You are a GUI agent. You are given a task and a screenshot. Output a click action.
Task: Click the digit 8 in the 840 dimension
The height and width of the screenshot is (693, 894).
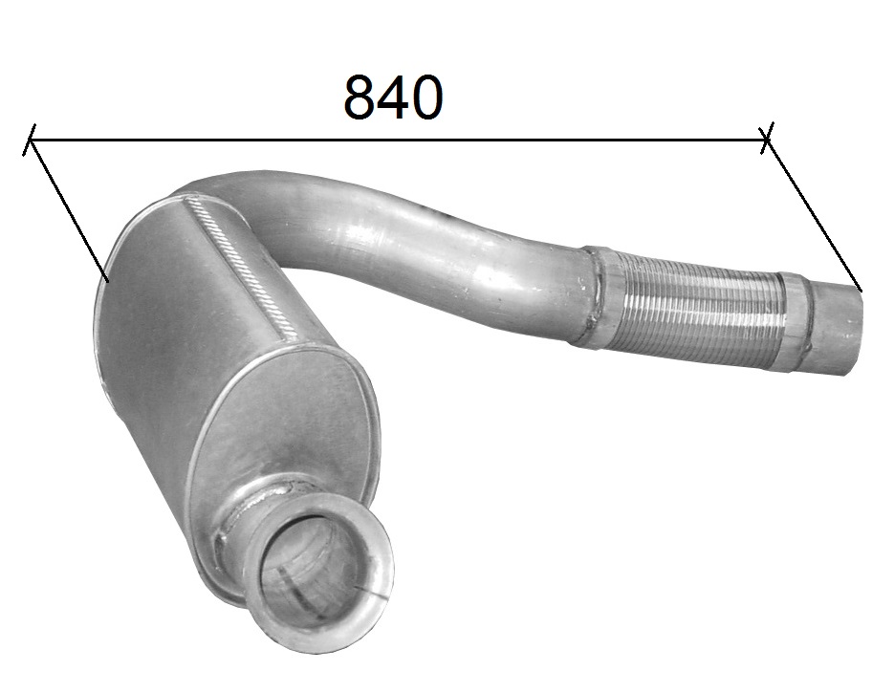pyautogui.click(x=360, y=97)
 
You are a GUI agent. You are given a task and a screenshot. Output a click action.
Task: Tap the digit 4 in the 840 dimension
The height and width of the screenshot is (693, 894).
pyautogui.click(x=392, y=97)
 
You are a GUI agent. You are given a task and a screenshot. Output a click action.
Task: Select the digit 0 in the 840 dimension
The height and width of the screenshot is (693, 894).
pyautogui.click(x=425, y=97)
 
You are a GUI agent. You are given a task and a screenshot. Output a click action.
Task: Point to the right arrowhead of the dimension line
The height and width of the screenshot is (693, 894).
pyautogui.click(x=765, y=139)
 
